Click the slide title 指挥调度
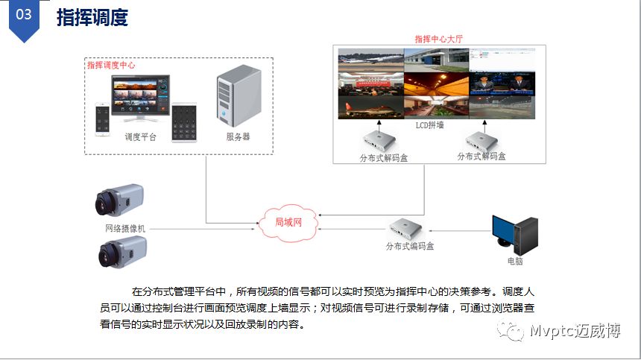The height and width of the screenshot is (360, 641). (x=92, y=17)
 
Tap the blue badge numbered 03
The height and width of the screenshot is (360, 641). (x=24, y=16)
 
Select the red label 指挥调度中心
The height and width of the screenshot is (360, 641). (x=111, y=66)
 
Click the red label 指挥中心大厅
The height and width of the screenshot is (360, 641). (x=440, y=38)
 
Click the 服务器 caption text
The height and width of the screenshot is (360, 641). (x=238, y=137)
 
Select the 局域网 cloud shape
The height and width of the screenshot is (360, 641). (x=288, y=223)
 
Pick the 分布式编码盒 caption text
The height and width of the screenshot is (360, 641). (x=409, y=246)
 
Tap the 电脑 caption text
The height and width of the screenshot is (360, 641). (x=515, y=262)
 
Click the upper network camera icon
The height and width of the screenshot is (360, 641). (x=119, y=200)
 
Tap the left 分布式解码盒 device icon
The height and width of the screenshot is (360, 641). (x=383, y=140)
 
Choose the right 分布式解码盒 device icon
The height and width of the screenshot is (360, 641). (x=481, y=140)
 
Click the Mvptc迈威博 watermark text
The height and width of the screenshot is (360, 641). (x=575, y=332)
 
